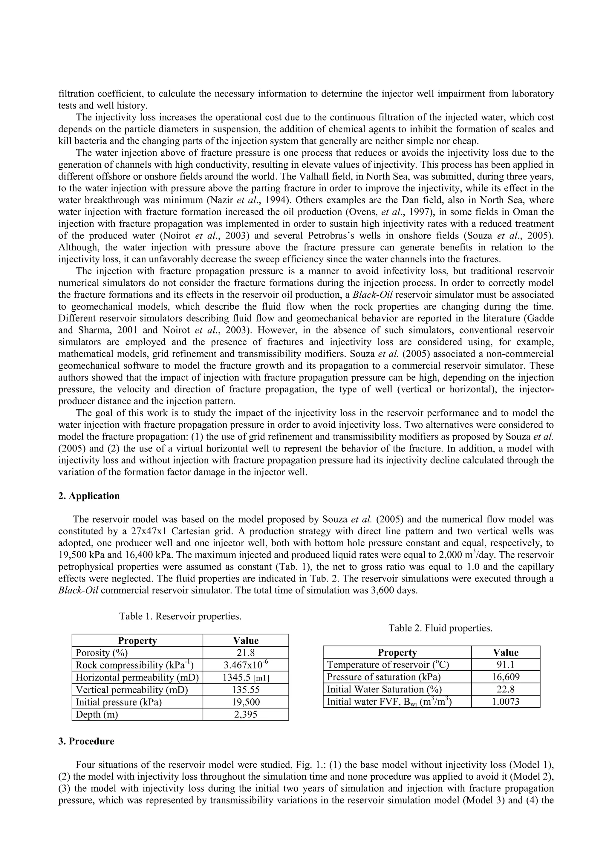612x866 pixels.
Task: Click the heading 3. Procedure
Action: point(86,741)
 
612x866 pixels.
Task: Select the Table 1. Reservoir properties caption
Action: point(180,616)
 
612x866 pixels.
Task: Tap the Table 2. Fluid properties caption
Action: point(440,628)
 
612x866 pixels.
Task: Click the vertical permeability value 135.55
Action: point(245,689)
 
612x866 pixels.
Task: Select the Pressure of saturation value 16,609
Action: point(505,677)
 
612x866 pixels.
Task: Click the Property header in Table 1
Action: point(137,640)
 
